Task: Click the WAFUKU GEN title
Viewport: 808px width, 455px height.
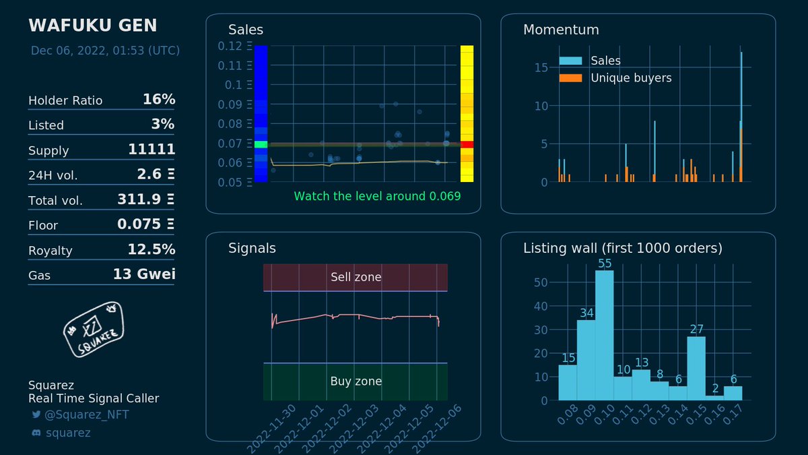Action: [92, 26]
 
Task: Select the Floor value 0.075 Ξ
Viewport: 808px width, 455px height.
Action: [145, 224]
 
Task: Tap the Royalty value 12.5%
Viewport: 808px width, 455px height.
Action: [151, 249]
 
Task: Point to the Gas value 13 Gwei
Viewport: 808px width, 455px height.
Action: [144, 274]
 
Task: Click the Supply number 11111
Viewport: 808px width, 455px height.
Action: [151, 150]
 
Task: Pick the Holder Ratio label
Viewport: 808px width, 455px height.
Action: [65, 100]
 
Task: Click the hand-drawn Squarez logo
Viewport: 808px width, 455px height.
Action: [94, 328]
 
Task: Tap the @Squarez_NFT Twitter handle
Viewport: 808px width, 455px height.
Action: [86, 415]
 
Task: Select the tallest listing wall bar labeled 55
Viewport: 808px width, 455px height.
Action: [604, 335]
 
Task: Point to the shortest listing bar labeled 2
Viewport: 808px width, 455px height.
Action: [714, 398]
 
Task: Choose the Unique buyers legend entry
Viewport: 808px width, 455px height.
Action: [631, 78]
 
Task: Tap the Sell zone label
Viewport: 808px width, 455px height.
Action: [356, 277]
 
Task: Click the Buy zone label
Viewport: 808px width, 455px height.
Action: [356, 381]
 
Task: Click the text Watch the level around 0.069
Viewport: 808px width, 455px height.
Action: [377, 196]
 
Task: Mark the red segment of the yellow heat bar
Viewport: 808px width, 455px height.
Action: [467, 144]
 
